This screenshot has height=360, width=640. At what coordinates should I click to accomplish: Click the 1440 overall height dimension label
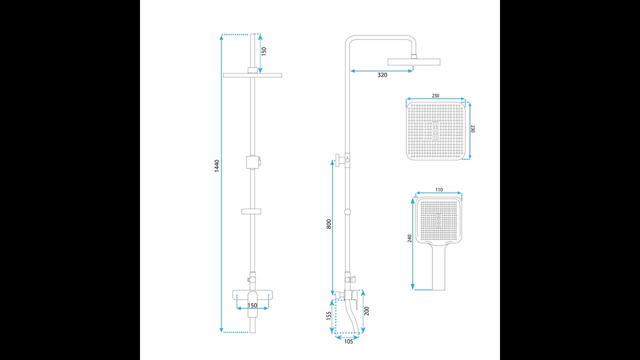coord(216,165)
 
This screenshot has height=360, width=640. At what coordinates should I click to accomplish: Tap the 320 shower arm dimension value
coord(382,75)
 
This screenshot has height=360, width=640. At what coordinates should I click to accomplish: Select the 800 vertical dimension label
coord(328,224)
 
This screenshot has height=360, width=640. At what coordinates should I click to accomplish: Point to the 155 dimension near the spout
coord(328,315)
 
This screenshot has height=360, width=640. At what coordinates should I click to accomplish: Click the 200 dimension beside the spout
coord(367,311)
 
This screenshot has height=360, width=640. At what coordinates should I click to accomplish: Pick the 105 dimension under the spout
coord(348,341)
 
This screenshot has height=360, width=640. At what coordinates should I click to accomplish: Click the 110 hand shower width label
coord(439,190)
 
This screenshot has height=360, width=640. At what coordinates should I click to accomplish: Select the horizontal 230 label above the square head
coord(435,95)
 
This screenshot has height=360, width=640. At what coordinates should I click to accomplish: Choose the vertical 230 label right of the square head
coord(473,128)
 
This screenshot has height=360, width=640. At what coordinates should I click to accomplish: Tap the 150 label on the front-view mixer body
coord(252,305)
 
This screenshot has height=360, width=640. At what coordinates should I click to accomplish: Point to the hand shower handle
coord(438,267)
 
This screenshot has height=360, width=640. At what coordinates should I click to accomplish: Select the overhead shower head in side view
coord(413,61)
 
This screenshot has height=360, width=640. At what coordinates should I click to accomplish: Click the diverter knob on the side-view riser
coord(341,159)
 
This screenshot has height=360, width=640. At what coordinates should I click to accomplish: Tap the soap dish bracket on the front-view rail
coord(252,211)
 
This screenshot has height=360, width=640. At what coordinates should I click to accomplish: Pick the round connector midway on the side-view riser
coord(347,211)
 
